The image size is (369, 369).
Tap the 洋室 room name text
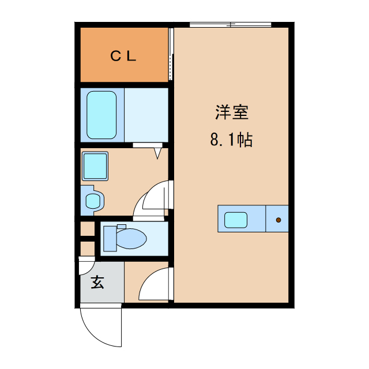[x=232, y=112]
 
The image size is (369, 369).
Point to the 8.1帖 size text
[x=232, y=140]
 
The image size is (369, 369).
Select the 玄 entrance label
[x=97, y=283]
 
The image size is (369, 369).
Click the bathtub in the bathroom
[x=102, y=115]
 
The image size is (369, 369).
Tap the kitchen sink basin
[x=236, y=219]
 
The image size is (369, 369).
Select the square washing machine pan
[x=95, y=167]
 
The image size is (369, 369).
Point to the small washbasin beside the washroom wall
[x=92, y=200]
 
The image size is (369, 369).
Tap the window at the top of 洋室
[x=231, y=24]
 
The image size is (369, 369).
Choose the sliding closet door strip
[x=171, y=54]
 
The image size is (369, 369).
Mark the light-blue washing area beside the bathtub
[x=146, y=115]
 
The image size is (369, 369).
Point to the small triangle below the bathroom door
[x=158, y=153]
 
